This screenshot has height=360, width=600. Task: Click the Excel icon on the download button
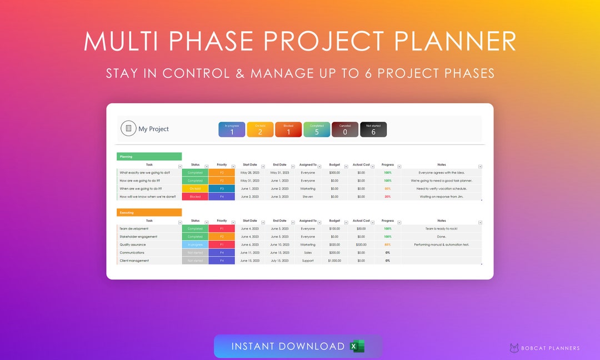(357, 347)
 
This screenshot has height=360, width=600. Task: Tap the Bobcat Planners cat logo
(514, 348)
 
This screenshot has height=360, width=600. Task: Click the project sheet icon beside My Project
(128, 128)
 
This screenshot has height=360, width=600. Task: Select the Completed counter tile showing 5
(317, 129)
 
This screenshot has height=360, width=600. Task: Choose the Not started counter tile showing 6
(373, 129)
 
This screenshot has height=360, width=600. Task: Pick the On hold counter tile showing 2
(260, 129)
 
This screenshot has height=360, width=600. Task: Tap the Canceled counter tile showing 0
(345, 129)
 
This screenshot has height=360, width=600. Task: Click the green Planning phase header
(149, 157)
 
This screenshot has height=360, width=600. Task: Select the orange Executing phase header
(149, 212)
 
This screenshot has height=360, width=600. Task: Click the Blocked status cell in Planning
(195, 197)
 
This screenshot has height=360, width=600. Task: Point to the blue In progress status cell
(195, 244)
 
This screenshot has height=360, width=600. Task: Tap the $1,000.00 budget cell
(334, 261)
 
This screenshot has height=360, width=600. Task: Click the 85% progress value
(387, 244)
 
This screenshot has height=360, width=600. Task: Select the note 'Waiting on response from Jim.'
(442, 197)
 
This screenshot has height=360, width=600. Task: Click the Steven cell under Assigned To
(308, 197)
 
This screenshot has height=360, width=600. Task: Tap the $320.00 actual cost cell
(361, 244)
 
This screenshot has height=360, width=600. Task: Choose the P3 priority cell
(222, 188)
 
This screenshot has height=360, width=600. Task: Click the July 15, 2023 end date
(279, 261)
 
